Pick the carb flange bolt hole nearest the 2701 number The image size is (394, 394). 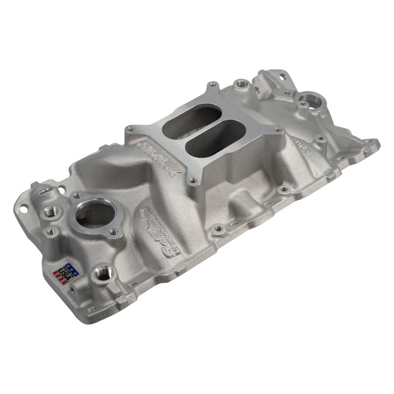[279, 130]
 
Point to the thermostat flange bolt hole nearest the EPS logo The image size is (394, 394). [113, 231]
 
